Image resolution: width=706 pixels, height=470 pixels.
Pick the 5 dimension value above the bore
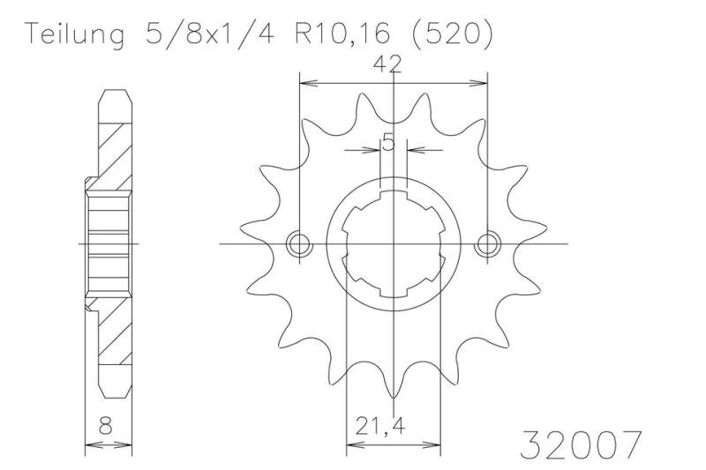(x=387, y=140)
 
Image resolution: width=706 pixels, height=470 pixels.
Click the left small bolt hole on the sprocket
(x=301, y=243)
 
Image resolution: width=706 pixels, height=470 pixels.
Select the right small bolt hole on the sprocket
(x=485, y=243)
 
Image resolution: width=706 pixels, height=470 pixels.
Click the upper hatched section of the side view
(x=113, y=145)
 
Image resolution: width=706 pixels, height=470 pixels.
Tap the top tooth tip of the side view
(x=113, y=93)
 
